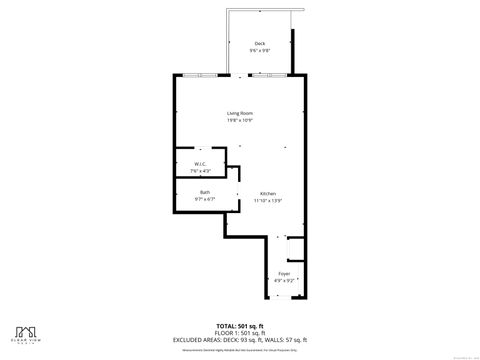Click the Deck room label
click(260, 44)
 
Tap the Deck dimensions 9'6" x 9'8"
click(260, 51)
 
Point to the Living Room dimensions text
click(239, 121)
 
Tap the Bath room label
click(204, 192)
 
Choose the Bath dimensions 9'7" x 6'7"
click(204, 199)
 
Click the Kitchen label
click(268, 193)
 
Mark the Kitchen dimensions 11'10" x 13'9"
click(268, 200)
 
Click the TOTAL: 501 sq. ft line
click(240, 325)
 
